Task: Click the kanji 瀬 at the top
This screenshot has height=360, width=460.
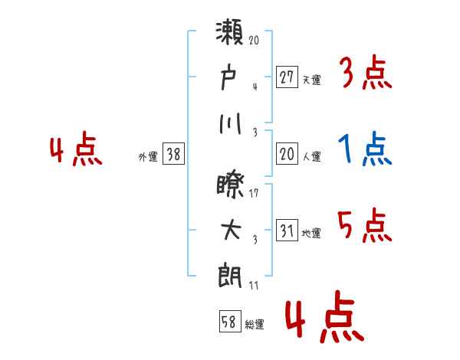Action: pyautogui.click(x=230, y=31)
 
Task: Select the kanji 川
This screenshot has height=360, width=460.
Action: pyautogui.click(x=230, y=124)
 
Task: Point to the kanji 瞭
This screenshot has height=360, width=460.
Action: pyautogui.click(x=230, y=186)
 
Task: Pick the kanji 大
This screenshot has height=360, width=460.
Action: pyautogui.click(x=231, y=230)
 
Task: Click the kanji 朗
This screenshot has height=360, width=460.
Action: pyautogui.click(x=230, y=277)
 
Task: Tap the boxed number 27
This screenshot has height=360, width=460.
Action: pyautogui.click(x=287, y=77)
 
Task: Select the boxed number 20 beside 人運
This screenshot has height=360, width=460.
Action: pyautogui.click(x=287, y=153)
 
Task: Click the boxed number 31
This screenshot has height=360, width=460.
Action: pyautogui.click(x=287, y=230)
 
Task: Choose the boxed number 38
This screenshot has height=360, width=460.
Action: pyautogui.click(x=173, y=153)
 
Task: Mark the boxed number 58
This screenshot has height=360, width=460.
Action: pyautogui.click(x=230, y=321)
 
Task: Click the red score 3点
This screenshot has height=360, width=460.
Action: pyautogui.click(x=366, y=72)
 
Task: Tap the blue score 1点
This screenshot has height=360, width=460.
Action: pyautogui.click(x=365, y=149)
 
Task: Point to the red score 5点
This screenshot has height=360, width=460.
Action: pyautogui.click(x=365, y=225)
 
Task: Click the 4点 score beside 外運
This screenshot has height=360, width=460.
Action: pyautogui.click(x=76, y=149)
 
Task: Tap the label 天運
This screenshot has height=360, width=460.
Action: pyautogui.click(x=311, y=80)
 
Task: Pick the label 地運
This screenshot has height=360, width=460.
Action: pyautogui.click(x=311, y=234)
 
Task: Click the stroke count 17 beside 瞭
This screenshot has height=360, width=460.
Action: pyautogui.click(x=254, y=193)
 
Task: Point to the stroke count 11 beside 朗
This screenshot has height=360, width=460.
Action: pyautogui.click(x=254, y=286)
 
